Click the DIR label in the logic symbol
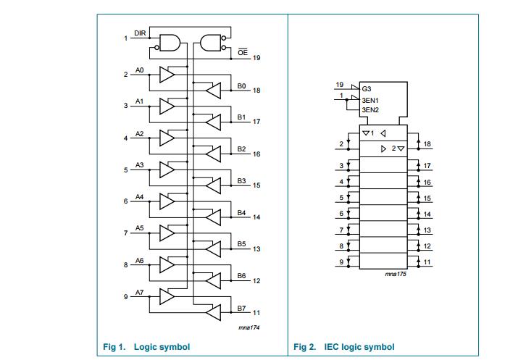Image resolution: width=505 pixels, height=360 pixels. tap(140, 33)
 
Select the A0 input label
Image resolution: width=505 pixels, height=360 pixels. tap(140, 70)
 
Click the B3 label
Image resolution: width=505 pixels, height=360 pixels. tap(242, 180)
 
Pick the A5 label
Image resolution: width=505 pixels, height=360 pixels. tap(140, 228)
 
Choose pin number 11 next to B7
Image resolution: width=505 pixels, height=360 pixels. tap(256, 313)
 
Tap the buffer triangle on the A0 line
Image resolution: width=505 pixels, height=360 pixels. tap(167, 75)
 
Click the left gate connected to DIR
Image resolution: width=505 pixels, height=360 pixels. tap(167, 43)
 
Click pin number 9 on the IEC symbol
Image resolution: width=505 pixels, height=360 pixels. tap(341, 261)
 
